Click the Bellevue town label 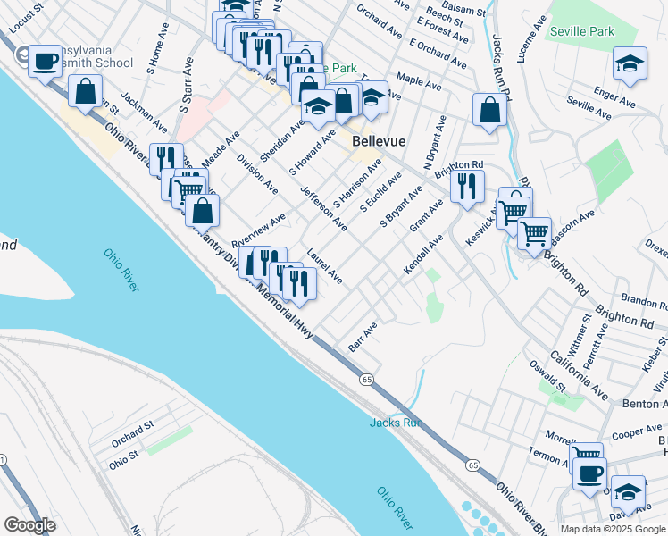[380, 141]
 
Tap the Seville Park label [582, 31]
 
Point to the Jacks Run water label [396, 423]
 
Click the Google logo [29, 525]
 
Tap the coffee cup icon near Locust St [45, 62]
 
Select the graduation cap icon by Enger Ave [630, 63]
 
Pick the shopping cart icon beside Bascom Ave [534, 233]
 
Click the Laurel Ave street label [324, 266]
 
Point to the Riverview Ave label [258, 230]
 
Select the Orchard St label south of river [133, 435]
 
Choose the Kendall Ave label [423, 255]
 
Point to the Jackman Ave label [144, 113]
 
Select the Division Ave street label [257, 173]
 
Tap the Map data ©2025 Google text [612, 528]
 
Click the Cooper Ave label [637, 432]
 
